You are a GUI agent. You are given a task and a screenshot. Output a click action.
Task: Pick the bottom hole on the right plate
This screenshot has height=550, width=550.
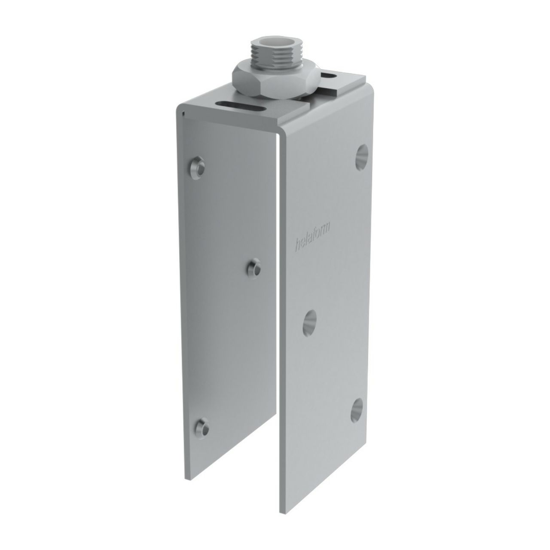pos(357,411)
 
